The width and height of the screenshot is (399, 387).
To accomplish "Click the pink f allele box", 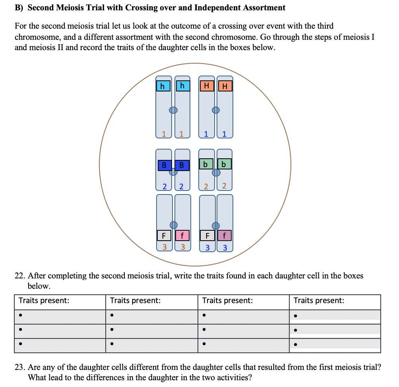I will tap(182, 235).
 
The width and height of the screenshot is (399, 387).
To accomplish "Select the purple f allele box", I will tap(225, 235).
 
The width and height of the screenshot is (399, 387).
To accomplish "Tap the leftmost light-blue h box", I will tap(163, 86).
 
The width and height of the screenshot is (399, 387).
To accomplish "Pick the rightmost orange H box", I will tap(225, 86).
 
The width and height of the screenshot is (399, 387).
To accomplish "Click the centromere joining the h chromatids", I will tap(173, 110).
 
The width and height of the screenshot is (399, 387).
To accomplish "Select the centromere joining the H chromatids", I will tap(215, 110).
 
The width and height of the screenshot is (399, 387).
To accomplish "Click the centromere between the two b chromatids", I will tap(215, 172).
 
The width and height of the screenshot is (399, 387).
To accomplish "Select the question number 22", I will tap(20, 275).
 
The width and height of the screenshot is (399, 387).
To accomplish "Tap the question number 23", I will tap(20, 367).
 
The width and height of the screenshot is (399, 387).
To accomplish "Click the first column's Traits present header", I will tap(44, 301).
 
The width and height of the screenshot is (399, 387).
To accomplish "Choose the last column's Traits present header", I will tap(319, 301).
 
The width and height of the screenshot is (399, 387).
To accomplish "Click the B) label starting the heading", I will tap(19, 8).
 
